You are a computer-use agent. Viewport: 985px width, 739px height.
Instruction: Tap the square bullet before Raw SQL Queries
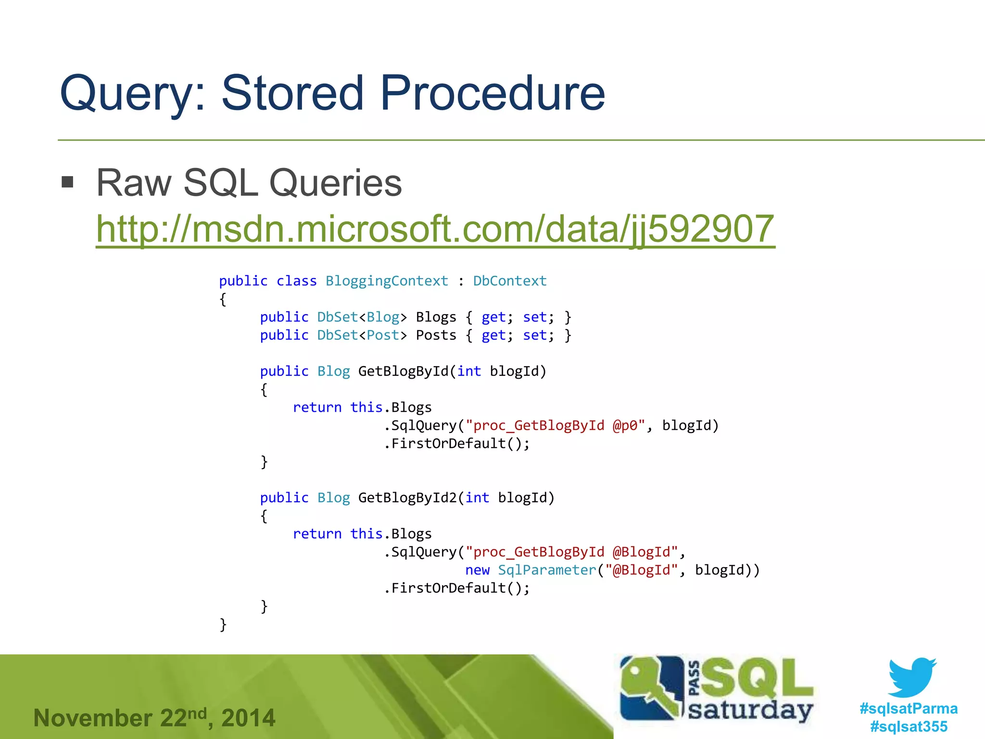coord(68,182)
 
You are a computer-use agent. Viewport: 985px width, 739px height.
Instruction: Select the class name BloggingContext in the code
coord(387,281)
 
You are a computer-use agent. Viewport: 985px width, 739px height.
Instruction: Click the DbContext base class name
coord(510,281)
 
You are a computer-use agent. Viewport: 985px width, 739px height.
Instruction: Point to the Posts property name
coord(436,335)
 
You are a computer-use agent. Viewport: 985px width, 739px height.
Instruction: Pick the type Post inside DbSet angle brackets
coord(383,335)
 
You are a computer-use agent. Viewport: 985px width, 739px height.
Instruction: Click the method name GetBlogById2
coord(407,497)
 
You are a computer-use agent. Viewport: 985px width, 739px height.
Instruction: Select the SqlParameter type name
coord(547,570)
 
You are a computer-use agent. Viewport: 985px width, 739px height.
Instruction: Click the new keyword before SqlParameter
coord(477,570)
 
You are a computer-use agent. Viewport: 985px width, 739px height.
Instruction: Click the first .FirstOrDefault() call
coord(457,444)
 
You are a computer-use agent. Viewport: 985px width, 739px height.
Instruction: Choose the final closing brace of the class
coord(223,624)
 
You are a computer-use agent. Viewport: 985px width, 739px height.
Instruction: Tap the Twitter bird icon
coord(911,677)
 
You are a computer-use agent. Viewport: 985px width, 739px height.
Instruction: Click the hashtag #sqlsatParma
coord(909,708)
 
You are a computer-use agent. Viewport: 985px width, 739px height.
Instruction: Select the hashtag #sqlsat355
coord(909,726)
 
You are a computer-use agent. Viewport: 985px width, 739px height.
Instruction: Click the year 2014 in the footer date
coord(248,718)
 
